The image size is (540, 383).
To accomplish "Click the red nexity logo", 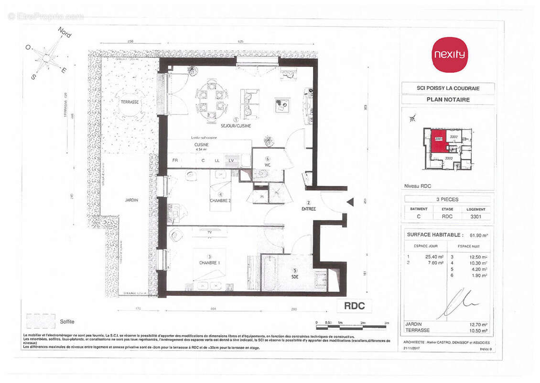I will pyautogui.click(x=449, y=55).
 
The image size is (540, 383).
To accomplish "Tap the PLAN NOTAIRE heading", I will pyautogui.click(x=448, y=100).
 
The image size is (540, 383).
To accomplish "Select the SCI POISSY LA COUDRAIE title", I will pyautogui.click(x=448, y=88).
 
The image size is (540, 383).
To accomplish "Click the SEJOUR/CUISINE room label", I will pyautogui.click(x=235, y=125).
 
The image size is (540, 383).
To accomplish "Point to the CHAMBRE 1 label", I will pyautogui.click(x=209, y=263).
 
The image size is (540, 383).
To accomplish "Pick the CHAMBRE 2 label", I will pyautogui.click(x=221, y=201).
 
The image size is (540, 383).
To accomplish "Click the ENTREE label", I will pyautogui.click(x=308, y=209).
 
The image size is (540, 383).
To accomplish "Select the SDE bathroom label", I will pyautogui.click(x=294, y=276).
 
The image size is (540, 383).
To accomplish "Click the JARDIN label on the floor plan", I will pyautogui.click(x=129, y=200).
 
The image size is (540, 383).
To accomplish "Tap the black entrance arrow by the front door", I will pyautogui.click(x=350, y=202).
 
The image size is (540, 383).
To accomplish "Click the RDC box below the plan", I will pyautogui.click(x=354, y=306).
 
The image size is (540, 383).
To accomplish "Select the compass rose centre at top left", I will pyautogui.click(x=46, y=58).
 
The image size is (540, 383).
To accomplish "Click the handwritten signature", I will pyautogui.click(x=456, y=303).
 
